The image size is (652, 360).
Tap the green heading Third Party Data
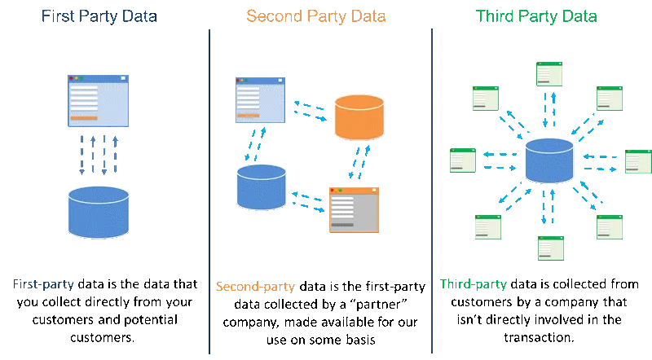click(538, 16)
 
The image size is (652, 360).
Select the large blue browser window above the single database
click(98, 100)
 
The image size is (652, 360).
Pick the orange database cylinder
click(359, 118)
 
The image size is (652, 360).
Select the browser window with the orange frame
click(354, 209)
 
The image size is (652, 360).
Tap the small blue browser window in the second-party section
click(261, 98)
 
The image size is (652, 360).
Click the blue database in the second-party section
click(261, 187)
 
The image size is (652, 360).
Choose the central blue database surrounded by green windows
click(549, 160)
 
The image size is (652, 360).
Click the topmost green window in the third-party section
click(550, 75)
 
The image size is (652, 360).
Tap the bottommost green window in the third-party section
click(551, 247)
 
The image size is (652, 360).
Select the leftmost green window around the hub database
click(462, 160)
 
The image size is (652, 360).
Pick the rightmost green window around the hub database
click(638, 162)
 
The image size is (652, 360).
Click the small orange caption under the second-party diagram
click(253, 287)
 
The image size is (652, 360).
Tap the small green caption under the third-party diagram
click(473, 284)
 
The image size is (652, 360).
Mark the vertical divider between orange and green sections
click(431, 187)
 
